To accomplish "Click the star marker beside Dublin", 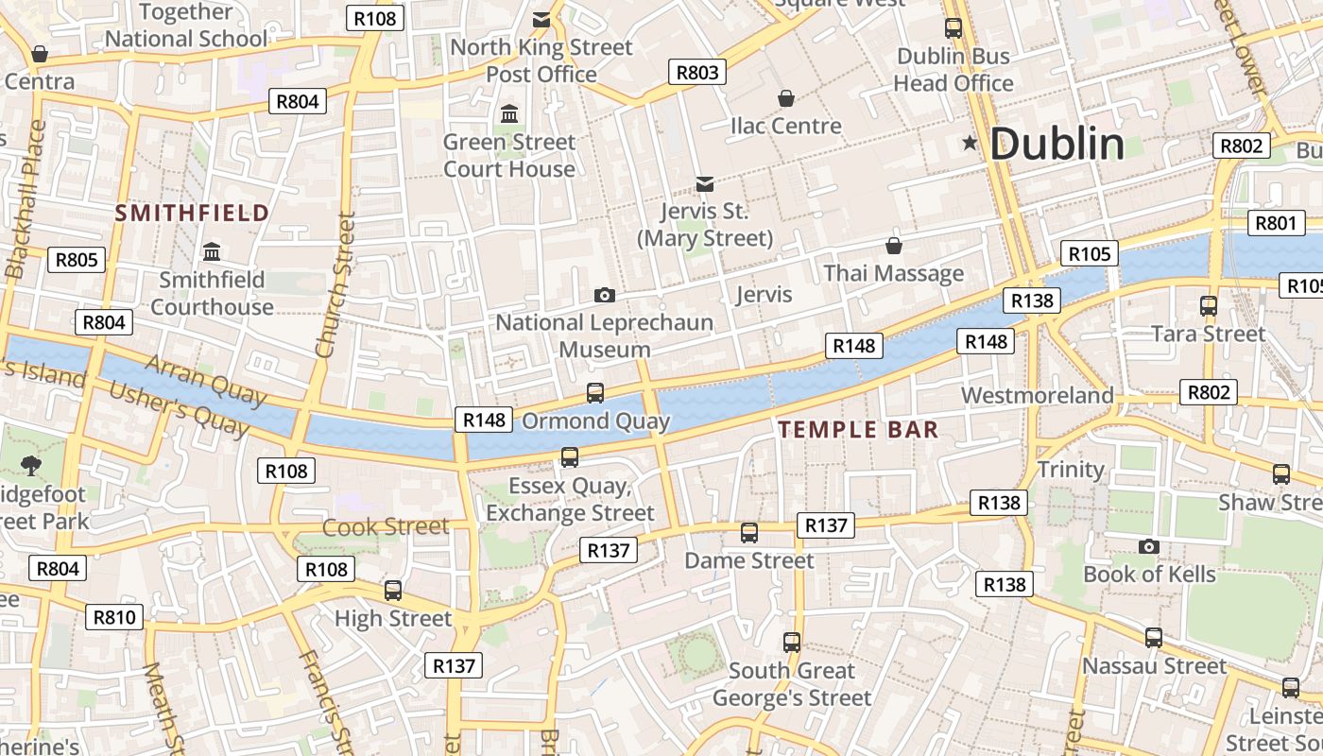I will tap(970, 144).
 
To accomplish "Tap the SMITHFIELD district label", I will tap(193, 213).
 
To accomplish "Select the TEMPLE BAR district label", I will tap(858, 430).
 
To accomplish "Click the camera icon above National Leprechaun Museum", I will tap(605, 296).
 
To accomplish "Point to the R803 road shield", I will tap(698, 72).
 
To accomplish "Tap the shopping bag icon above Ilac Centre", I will tap(785, 98).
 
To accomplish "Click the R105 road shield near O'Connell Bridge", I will tap(1090, 253).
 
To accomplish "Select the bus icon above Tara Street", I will tap(1208, 305).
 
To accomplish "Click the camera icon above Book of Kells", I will tap(1149, 546).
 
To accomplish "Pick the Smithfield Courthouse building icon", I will tap(212, 252).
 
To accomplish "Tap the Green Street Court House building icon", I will tap(509, 114).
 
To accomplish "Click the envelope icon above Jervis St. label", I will tap(705, 183).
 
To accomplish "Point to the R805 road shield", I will tap(77, 260).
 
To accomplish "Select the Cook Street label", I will tap(386, 526).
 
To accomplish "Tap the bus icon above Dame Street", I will tap(749, 533).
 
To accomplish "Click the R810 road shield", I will tap(115, 618).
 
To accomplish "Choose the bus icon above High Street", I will tap(393, 591).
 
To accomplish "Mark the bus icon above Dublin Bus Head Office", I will tap(954, 28).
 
